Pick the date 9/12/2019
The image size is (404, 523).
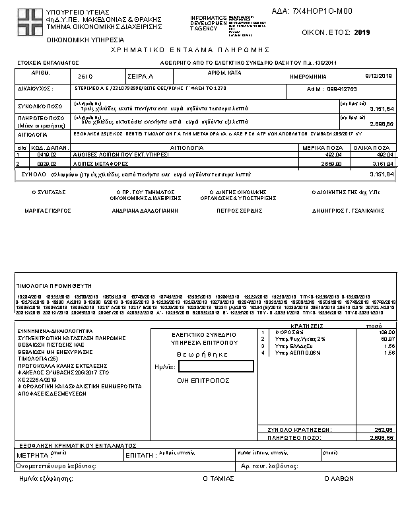tap(380, 77)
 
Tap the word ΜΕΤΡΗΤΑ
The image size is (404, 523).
tap(32, 456)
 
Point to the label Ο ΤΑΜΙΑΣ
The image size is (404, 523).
tap(218, 477)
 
